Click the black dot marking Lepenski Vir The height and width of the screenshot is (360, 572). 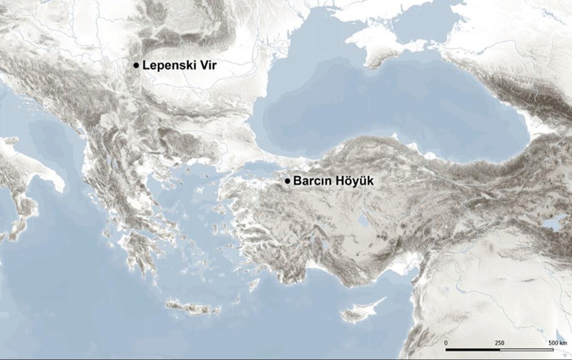click(136, 65)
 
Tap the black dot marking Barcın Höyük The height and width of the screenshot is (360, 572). click(287, 181)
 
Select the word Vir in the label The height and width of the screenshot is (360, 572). click(206, 65)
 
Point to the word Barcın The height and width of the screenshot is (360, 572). click(310, 181)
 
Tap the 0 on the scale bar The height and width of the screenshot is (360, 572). click(446, 343)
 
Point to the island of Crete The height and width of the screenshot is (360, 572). click(192, 307)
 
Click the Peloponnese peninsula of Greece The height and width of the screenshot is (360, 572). click(136, 250)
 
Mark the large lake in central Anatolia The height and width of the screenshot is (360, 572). click(362, 220)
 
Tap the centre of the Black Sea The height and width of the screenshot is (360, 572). click(384, 107)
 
